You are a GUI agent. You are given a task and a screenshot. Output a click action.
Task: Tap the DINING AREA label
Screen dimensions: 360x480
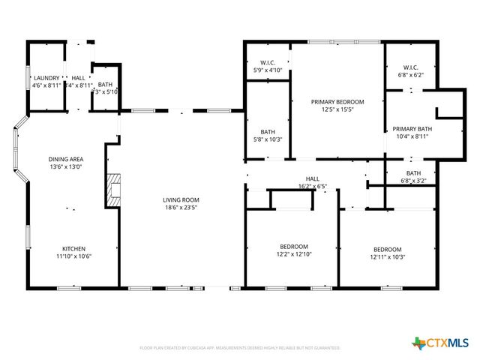tap(66, 159)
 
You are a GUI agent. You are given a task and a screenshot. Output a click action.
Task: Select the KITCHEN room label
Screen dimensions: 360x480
tap(73, 248)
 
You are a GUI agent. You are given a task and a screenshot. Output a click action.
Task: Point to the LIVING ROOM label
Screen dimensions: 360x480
tap(181, 199)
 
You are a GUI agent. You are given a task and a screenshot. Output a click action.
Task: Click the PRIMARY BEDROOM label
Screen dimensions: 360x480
tap(337, 101)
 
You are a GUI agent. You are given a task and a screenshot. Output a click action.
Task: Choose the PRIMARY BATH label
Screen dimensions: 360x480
tap(412, 128)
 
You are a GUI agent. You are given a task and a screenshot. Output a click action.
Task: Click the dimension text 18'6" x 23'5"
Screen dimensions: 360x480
tap(181, 208)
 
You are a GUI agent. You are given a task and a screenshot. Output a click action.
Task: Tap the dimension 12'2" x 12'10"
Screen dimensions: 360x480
tap(294, 255)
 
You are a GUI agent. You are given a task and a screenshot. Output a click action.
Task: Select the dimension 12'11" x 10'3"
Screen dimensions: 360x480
tap(388, 257)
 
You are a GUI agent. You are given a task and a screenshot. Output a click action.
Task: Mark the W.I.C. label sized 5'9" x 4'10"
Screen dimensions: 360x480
tap(268, 62)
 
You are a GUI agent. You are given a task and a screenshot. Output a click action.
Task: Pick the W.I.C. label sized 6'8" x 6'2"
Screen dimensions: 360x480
tap(409, 67)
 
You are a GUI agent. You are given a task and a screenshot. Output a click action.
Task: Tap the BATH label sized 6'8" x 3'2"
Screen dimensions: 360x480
tap(414, 172)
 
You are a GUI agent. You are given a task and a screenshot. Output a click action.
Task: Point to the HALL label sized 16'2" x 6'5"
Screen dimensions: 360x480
tap(312, 179)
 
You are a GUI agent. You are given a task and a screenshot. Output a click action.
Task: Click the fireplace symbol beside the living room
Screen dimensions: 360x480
tap(112, 190)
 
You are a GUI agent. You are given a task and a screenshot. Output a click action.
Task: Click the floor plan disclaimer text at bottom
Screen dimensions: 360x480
tap(240, 348)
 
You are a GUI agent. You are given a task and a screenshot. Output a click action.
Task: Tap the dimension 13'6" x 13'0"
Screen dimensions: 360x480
tap(66, 166)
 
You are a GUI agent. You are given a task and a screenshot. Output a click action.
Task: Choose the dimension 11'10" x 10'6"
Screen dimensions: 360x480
tap(73, 256)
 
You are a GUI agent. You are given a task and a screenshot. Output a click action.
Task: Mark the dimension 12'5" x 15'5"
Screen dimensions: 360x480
tap(337, 109)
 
